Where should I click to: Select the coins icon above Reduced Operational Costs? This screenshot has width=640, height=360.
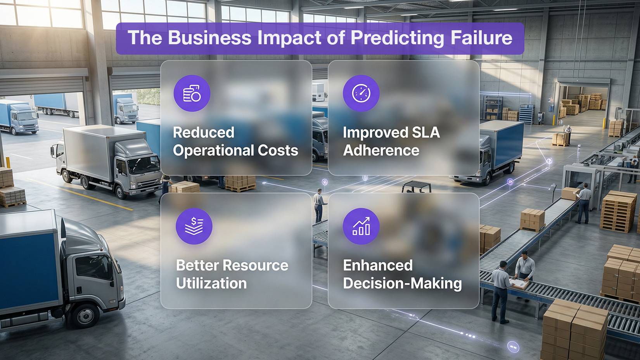pos(192,93)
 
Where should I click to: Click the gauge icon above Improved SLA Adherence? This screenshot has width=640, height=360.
pos(361,93)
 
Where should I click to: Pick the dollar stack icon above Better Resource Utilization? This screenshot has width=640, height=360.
pos(194,226)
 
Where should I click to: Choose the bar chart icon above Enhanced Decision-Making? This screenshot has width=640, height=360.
pos(361,226)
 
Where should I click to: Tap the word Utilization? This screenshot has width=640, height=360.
pos(211,283)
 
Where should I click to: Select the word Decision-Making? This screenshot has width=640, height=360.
pos(402,283)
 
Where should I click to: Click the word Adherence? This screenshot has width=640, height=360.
pos(381,150)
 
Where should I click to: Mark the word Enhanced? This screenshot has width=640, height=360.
pos(378,266)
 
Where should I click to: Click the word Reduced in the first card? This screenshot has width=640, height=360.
pos(204,133)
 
